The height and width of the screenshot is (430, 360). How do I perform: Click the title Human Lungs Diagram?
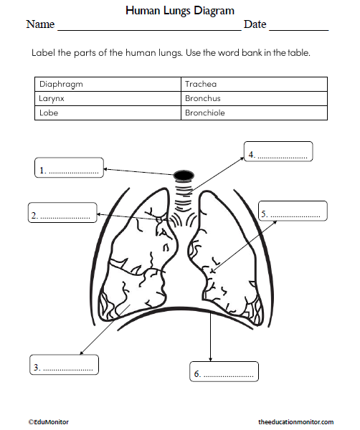click(179, 11)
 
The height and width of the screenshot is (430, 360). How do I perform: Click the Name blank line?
click(148, 29)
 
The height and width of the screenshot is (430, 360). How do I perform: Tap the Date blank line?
click(298, 29)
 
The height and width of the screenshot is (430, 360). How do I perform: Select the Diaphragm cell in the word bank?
click(108, 84)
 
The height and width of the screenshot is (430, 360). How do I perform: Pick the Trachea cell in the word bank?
click(254, 84)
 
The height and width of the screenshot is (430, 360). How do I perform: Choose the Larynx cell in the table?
click(108, 98)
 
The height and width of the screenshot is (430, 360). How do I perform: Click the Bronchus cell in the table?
click(254, 98)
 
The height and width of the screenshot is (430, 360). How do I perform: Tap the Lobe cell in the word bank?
click(108, 113)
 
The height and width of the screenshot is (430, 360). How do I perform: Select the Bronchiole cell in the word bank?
click(254, 113)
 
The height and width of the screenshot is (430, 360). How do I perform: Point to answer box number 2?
click(62, 213)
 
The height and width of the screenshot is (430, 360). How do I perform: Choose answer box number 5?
click(293, 212)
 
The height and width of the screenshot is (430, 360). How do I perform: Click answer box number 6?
click(224, 373)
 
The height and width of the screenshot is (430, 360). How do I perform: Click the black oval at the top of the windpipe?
click(184, 175)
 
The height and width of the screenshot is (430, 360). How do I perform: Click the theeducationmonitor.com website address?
click(295, 423)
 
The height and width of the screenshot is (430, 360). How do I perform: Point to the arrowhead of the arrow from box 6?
click(210, 358)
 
